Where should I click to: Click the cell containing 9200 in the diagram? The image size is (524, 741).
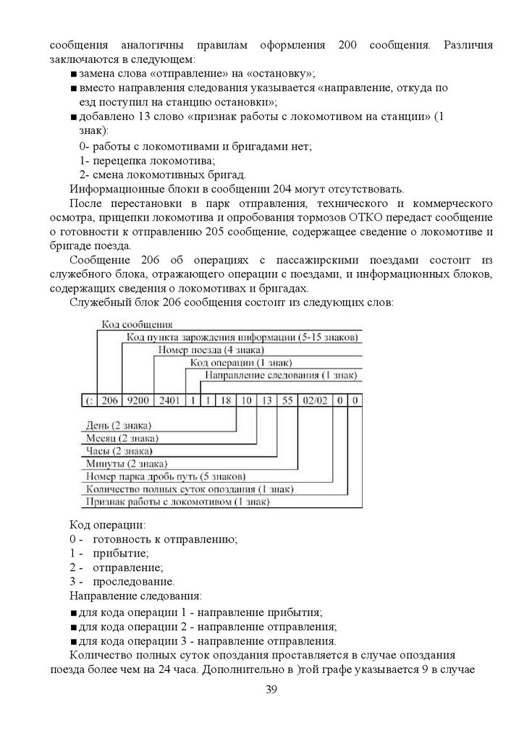pyautogui.click(x=137, y=400)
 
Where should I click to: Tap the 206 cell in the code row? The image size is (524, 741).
pyautogui.click(x=109, y=400)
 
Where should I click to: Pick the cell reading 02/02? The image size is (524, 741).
pyautogui.click(x=315, y=400)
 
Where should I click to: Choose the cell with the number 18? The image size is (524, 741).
pyautogui.click(x=227, y=400)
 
